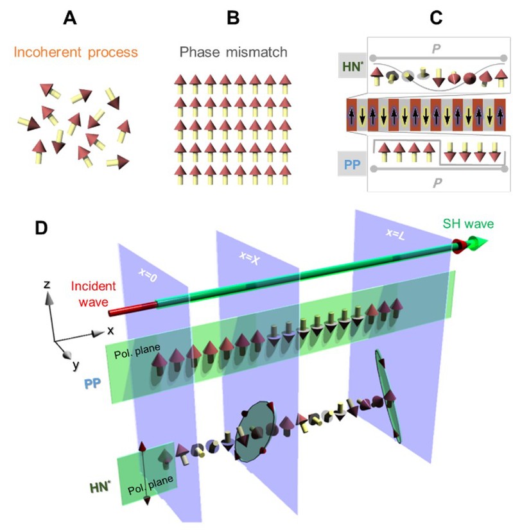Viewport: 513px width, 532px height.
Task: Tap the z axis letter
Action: (x=48, y=283)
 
